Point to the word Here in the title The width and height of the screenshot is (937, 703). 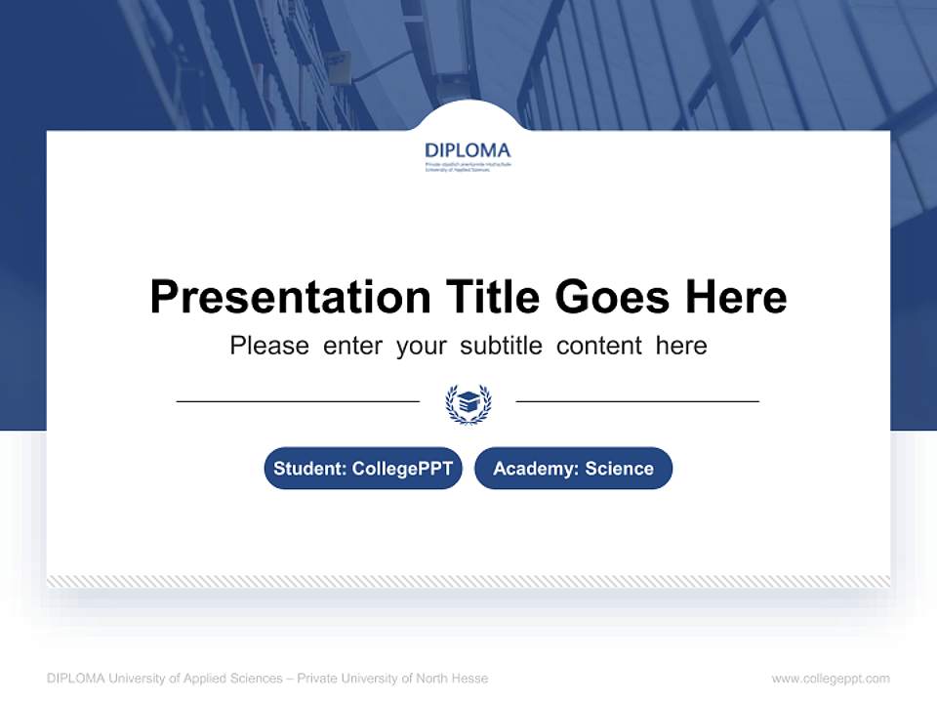tap(735, 297)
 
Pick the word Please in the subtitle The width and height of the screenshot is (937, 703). tap(269, 346)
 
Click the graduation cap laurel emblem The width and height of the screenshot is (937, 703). tap(468, 402)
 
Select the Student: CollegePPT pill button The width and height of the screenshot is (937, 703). tap(363, 469)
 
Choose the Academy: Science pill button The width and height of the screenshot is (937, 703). tap(573, 469)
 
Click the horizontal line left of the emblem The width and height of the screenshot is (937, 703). tap(298, 401)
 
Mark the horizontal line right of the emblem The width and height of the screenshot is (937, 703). tap(637, 401)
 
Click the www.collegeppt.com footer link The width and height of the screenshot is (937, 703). tap(831, 679)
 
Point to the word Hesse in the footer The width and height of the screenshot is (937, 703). tap(470, 679)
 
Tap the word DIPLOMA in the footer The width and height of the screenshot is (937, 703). tap(76, 679)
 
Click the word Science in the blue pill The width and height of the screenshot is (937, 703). tap(620, 469)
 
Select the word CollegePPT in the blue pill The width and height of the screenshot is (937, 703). tap(401, 469)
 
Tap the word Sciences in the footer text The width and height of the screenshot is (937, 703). tap(253, 679)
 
